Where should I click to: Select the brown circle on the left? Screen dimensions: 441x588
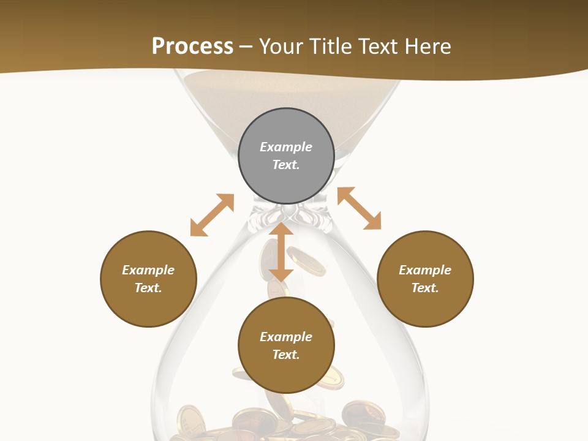(148, 279)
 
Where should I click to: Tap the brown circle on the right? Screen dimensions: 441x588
(425, 279)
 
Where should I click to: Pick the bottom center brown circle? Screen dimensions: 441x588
(286, 345)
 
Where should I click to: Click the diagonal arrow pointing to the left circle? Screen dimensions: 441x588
(212, 215)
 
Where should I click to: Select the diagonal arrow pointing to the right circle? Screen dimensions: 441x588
(360, 208)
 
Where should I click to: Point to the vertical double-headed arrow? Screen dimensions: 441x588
(281, 252)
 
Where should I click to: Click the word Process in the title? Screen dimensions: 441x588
(192, 47)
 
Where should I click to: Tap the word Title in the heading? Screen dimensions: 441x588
(333, 47)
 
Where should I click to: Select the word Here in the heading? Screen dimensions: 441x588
(428, 47)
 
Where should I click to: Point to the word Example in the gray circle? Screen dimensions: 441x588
(286, 147)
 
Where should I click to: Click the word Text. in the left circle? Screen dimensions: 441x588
(148, 288)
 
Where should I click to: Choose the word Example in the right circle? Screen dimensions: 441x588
(425, 270)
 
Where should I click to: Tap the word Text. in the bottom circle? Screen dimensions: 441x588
(286, 355)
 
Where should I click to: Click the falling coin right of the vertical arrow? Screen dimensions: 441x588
(306, 260)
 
